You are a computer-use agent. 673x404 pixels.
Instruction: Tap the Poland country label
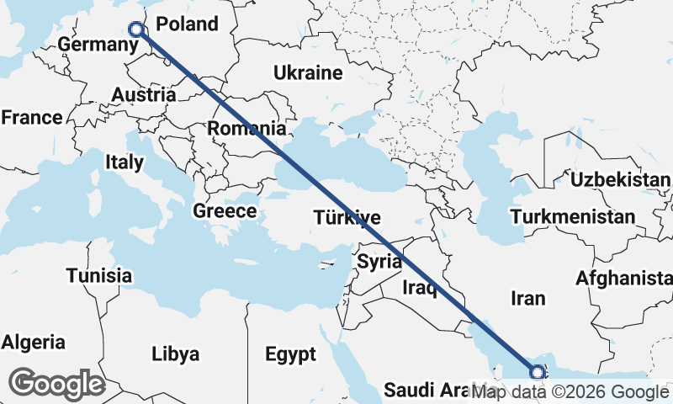pos(187,24)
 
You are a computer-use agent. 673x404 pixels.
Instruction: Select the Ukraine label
pos(307,73)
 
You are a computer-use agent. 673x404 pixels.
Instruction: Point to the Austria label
pos(144,94)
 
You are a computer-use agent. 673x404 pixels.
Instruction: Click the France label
pos(31,118)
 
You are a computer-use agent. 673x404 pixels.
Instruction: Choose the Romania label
pos(246,129)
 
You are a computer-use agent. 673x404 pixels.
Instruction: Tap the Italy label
pos(124,162)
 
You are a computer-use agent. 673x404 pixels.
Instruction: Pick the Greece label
pos(225,210)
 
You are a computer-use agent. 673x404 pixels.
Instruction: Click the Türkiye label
pos(347,217)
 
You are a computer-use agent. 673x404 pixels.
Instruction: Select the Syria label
pos(379,261)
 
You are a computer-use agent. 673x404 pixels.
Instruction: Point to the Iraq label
pos(420,289)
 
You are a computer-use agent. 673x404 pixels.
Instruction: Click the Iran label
pos(527,298)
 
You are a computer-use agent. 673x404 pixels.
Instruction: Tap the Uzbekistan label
pos(620,180)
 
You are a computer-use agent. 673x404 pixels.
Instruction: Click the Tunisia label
pos(99,275)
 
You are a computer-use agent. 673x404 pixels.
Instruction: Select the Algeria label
pos(33,343)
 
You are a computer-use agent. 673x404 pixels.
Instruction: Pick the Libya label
pos(176,353)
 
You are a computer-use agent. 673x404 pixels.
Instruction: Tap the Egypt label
pos(290,353)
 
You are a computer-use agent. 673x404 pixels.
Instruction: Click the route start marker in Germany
pos(137,29)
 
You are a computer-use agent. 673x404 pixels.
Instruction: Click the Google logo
pos(57,384)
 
